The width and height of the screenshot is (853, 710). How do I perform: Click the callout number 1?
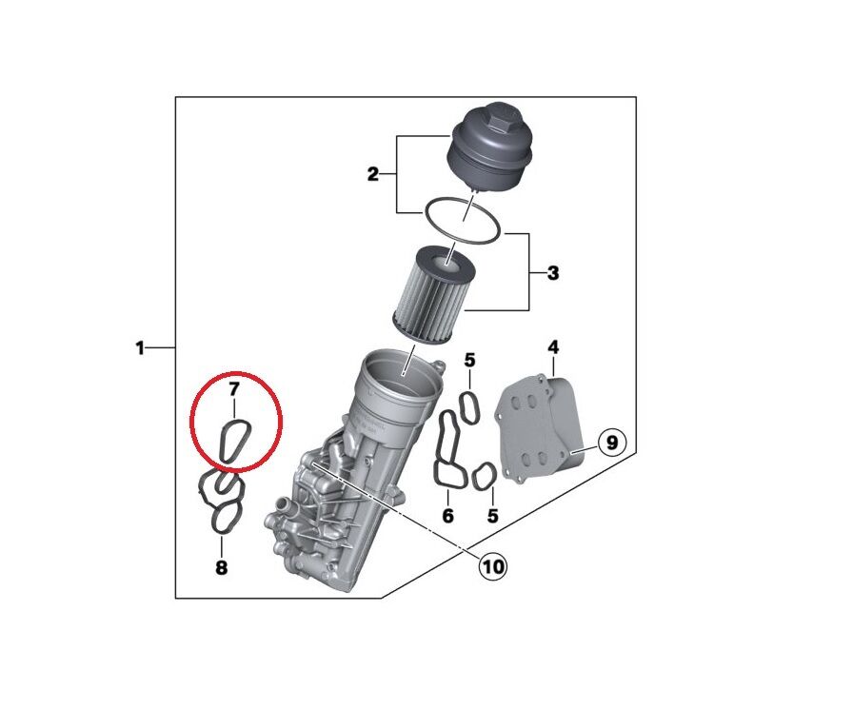[139, 349]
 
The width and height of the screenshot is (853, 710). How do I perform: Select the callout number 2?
[373, 174]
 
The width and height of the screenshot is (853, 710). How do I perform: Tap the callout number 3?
[553, 274]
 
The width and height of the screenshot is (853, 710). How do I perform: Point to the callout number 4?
[553, 347]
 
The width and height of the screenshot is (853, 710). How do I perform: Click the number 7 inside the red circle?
[232, 388]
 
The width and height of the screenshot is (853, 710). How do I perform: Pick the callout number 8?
[221, 568]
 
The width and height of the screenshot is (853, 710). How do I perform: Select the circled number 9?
[612, 442]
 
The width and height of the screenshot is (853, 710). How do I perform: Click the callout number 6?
[447, 517]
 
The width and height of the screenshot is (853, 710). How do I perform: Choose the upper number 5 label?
[469, 360]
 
